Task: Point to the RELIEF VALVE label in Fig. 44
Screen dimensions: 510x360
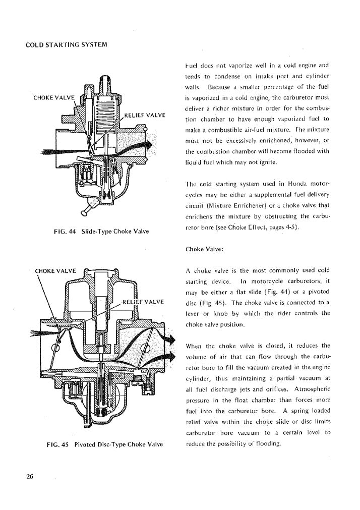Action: tap(145, 115)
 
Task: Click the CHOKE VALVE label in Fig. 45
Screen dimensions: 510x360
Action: tap(55, 270)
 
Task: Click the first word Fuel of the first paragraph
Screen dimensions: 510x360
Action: tap(192, 65)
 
